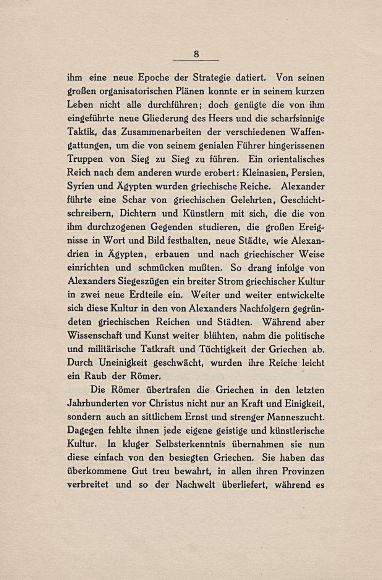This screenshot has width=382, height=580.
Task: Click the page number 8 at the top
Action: tap(196, 54)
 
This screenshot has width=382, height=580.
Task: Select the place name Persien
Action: tap(307, 173)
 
